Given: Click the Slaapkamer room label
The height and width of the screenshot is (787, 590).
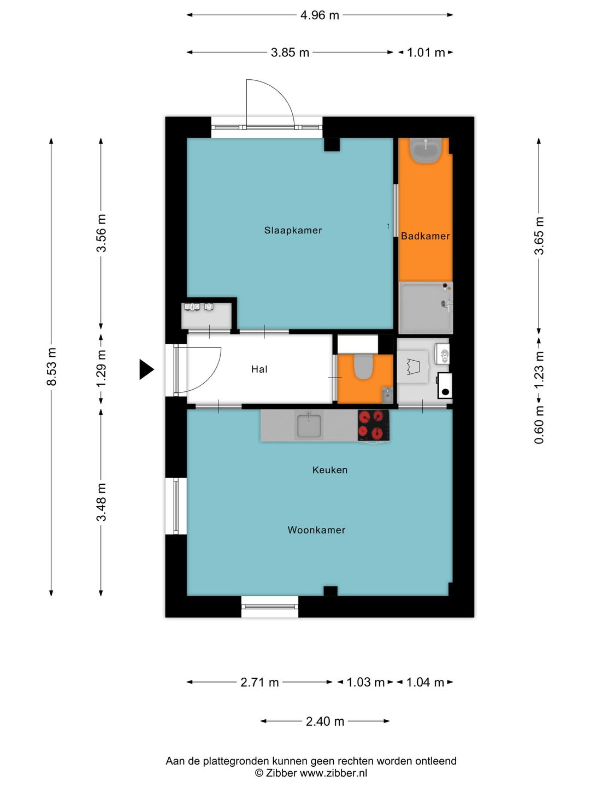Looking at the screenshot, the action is (x=293, y=230).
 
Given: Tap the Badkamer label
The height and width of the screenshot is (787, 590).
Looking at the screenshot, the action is (x=425, y=236).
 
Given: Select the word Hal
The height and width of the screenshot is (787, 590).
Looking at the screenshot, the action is (x=259, y=369).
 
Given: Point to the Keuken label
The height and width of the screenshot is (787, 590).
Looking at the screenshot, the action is (x=329, y=469).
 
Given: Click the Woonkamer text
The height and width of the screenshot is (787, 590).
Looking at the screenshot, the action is (x=316, y=530).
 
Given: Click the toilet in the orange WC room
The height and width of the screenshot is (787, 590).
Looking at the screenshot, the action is (x=363, y=366).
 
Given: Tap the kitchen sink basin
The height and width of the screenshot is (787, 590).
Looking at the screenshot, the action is (x=309, y=425).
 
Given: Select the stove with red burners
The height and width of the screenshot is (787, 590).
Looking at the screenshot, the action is (x=374, y=425).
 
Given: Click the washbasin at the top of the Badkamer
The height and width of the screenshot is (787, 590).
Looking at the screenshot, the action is (x=426, y=151).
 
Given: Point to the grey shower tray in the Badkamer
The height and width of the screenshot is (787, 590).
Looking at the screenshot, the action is (x=426, y=308).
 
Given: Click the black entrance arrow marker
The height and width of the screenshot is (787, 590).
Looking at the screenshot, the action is (x=146, y=369).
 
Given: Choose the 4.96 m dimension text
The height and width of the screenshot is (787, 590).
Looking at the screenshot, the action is (x=320, y=15).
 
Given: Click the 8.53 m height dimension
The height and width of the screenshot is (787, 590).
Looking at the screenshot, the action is (x=51, y=366).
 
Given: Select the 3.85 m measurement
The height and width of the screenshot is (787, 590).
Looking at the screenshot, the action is (x=290, y=52).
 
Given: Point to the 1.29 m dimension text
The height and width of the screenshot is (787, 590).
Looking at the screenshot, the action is (x=102, y=368).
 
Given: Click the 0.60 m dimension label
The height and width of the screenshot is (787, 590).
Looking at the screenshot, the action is (x=539, y=425).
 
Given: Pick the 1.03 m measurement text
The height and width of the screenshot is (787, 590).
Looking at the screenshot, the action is (x=365, y=682).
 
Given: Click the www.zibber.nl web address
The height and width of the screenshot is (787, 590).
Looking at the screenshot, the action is (x=333, y=773).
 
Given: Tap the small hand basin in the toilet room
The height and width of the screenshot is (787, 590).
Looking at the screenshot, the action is (x=386, y=395).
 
